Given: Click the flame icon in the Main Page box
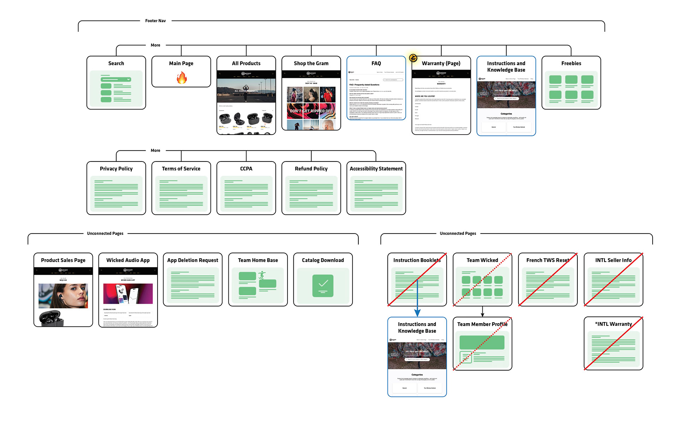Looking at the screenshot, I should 182,77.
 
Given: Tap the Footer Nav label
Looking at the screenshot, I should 155,21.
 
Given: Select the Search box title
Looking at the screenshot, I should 116,64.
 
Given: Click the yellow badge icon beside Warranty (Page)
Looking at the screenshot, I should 413,58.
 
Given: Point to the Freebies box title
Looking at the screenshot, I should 571,64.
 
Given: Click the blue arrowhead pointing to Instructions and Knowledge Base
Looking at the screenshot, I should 417,313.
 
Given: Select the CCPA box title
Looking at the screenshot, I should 246,169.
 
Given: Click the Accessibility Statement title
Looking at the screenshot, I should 376,169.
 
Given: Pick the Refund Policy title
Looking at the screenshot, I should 311,169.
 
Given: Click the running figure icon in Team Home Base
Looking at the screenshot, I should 262,275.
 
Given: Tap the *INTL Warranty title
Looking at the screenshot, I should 613,324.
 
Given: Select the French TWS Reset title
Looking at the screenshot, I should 548,260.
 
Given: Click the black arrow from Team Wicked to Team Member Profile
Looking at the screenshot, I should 482,312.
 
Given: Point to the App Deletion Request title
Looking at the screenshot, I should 193,260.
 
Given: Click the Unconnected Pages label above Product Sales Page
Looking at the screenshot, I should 105,233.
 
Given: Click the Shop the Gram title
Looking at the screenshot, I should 311,64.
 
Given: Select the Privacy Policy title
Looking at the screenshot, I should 116,169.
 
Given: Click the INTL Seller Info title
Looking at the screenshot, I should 613,260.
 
